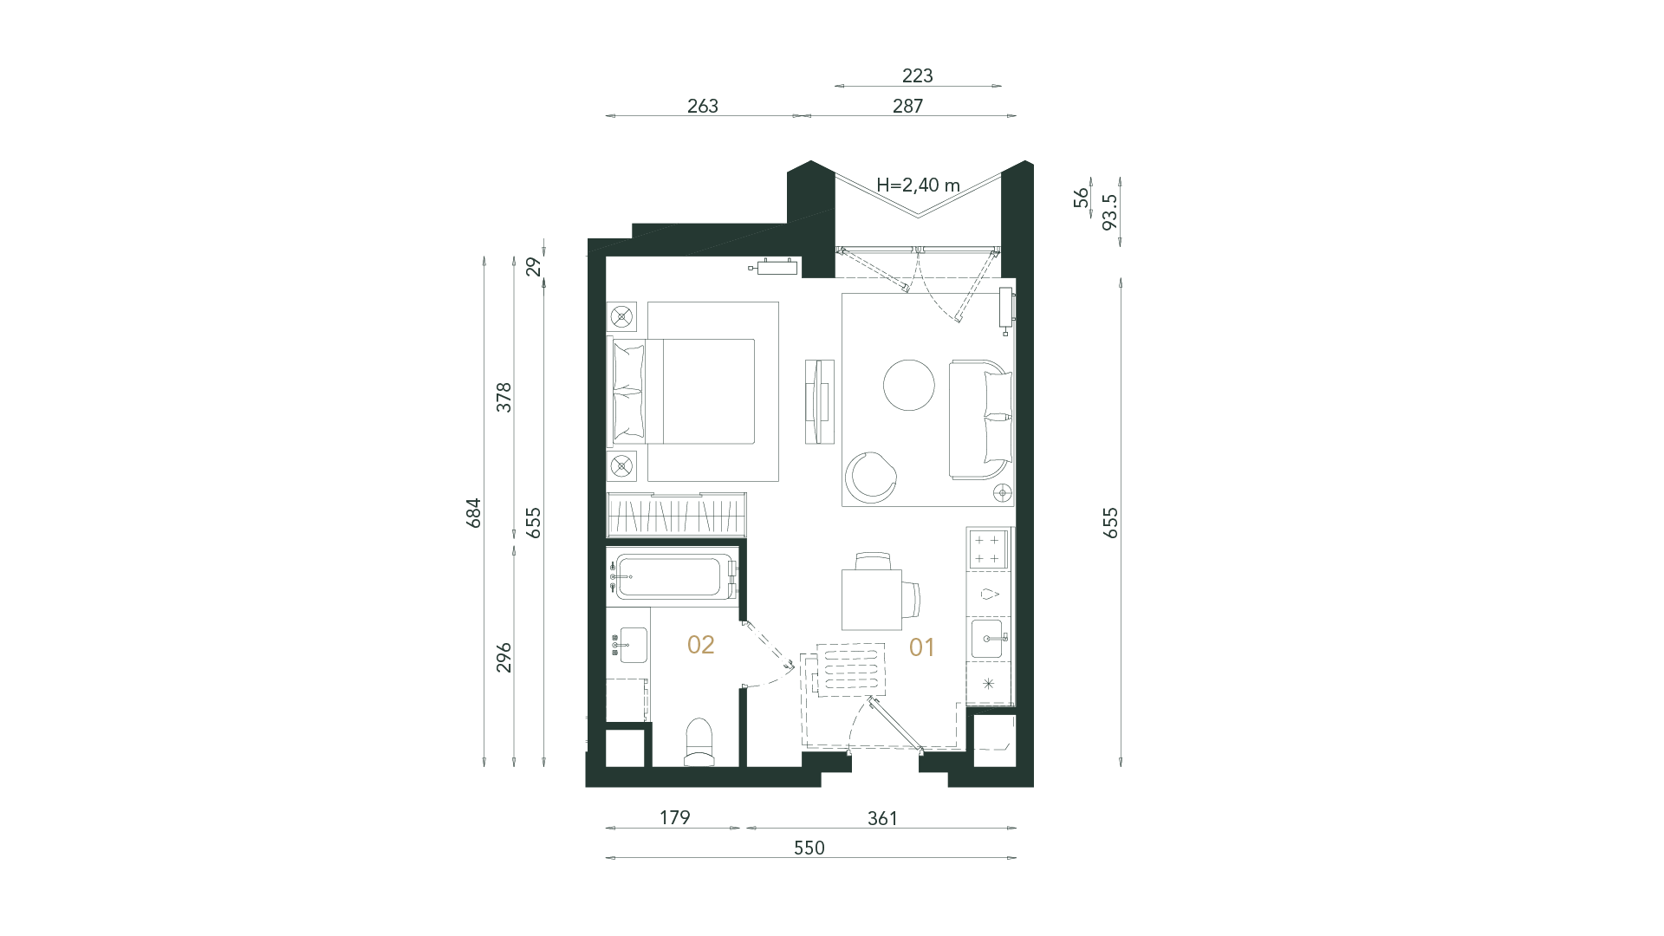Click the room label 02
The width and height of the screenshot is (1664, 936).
click(x=700, y=645)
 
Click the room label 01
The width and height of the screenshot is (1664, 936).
click(x=921, y=647)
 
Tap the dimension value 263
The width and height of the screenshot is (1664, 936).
click(x=703, y=106)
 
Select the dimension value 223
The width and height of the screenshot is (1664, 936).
click(x=917, y=76)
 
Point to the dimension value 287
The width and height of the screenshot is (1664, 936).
click(x=907, y=106)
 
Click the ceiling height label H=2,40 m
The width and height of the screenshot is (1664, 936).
click(x=919, y=185)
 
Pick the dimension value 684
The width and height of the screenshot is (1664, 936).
click(x=473, y=513)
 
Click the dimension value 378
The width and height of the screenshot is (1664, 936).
click(x=504, y=397)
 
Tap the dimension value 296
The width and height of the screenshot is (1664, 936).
click(x=504, y=657)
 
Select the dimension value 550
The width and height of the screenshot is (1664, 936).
click(x=809, y=848)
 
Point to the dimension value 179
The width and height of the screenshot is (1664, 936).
click(x=674, y=817)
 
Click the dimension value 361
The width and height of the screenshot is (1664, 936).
click(x=882, y=818)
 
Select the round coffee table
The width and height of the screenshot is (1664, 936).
click(x=908, y=385)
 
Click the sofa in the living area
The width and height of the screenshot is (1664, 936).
click(x=981, y=419)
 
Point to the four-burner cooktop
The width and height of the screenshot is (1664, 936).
click(x=988, y=549)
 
